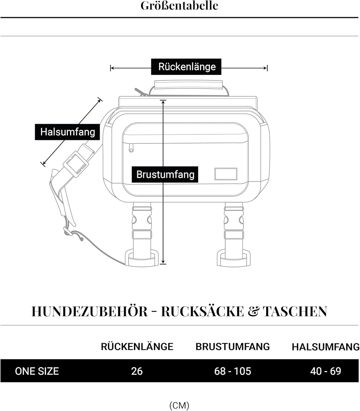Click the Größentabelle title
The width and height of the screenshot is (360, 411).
[x=179, y=6]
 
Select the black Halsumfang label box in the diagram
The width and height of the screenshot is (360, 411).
[x=67, y=132]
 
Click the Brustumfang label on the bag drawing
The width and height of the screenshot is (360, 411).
[x=165, y=174]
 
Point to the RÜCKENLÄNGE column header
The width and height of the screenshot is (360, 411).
[x=137, y=347]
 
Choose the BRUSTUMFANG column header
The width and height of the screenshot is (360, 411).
[x=233, y=347]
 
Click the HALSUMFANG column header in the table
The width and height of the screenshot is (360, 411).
[x=326, y=347]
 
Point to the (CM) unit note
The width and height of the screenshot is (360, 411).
[x=179, y=405]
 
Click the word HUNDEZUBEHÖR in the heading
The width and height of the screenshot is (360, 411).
[x=90, y=312]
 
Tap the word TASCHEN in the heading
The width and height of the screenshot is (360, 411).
[x=295, y=312]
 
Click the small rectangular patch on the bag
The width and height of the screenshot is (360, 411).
[x=226, y=174]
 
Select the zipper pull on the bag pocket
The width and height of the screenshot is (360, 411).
[x=131, y=148]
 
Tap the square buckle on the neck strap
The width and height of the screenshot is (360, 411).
[x=76, y=165]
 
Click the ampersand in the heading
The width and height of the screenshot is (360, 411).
[x=253, y=312]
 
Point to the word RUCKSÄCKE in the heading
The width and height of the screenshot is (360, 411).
[x=202, y=312]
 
